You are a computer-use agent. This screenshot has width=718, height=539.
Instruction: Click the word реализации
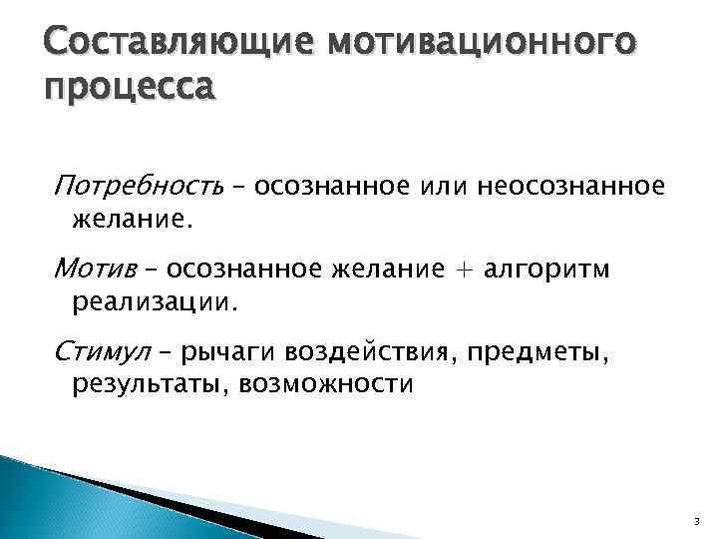156,300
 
